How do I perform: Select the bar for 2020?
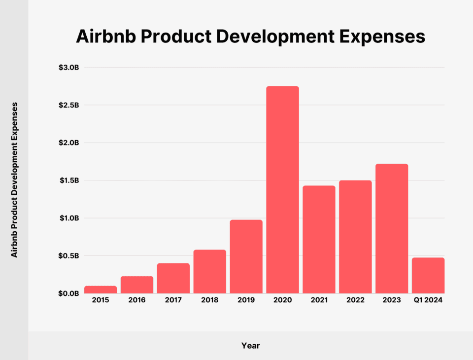(282, 190)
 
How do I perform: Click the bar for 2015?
(101, 289)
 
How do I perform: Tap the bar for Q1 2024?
(428, 275)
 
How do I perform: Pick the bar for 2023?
(392, 228)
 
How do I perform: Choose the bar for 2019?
(246, 256)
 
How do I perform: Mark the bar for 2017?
(173, 278)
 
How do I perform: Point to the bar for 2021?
(319, 239)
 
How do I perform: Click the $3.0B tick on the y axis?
(68, 68)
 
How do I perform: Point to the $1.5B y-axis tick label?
(68, 180)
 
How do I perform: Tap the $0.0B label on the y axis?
(68, 293)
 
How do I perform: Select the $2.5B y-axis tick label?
(68, 105)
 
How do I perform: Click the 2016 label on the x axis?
(137, 300)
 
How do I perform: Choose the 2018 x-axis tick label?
(210, 300)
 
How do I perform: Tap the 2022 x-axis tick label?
(355, 300)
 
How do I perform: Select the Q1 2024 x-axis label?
(428, 300)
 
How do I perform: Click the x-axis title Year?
(250, 346)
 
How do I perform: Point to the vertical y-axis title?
(15, 180)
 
